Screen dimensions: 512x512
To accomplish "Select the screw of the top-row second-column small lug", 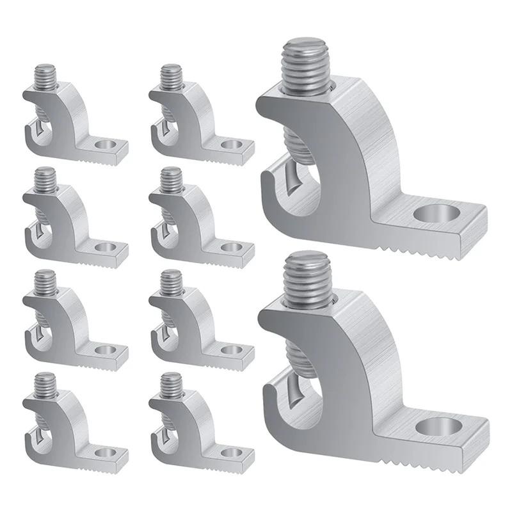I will click(x=171, y=77).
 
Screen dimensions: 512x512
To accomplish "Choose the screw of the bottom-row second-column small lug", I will click(x=171, y=385).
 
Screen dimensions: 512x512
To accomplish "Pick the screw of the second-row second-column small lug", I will click(x=171, y=180).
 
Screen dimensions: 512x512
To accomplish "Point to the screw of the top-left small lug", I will click(x=45, y=77).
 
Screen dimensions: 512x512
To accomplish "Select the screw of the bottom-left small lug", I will click(x=45, y=385).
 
